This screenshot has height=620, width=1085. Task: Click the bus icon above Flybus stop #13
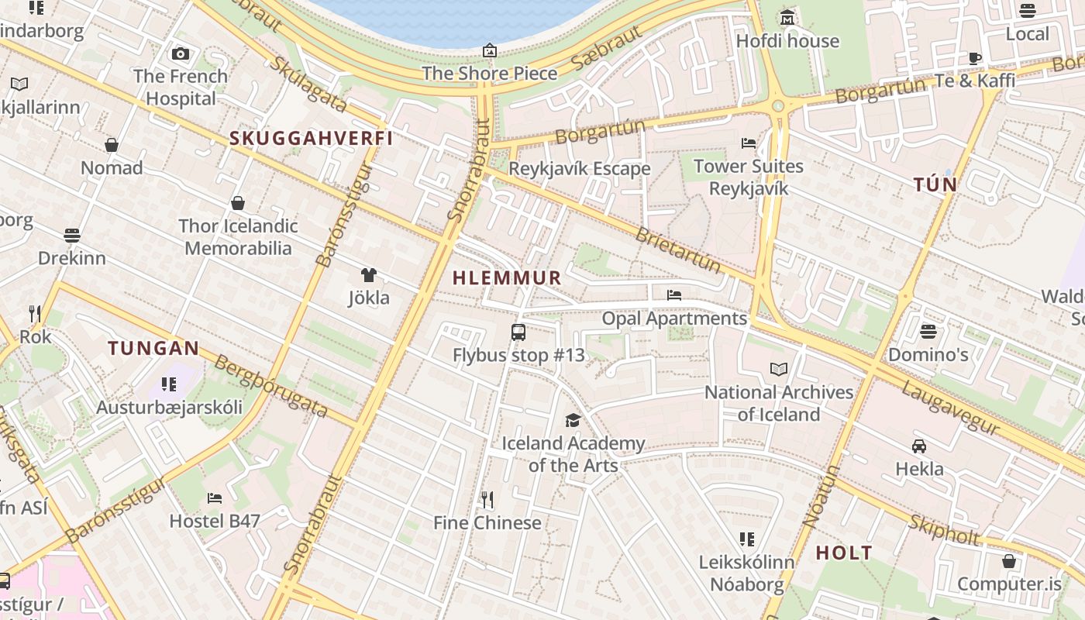coord(518,332)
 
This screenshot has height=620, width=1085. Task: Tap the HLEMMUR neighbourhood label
coord(507,277)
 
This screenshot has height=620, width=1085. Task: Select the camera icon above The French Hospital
coord(181,53)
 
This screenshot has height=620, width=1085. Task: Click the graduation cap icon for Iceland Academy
coord(573,420)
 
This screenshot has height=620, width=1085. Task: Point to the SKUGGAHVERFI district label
coord(311,139)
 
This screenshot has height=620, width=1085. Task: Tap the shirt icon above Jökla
coord(369,275)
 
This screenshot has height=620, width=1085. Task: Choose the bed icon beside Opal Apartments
coord(674,294)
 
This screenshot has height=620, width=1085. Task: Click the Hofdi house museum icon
coord(787,18)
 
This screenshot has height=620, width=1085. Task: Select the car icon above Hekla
coord(919,446)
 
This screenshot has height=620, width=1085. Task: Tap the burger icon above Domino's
coord(928,332)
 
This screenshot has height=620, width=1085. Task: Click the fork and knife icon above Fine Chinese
coord(487,499)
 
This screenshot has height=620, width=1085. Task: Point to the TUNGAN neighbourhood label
coord(153,348)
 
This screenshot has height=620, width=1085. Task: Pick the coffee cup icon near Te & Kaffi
coord(975,58)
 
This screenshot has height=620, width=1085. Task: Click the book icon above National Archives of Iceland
coord(779,370)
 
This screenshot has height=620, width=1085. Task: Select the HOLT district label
coord(844,553)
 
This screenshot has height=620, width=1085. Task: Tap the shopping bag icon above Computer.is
coord(1009,561)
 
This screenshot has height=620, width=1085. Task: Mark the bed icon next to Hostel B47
coord(215,498)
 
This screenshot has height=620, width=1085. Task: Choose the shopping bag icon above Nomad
coord(112,145)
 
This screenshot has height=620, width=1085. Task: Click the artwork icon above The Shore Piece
coord(490,51)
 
